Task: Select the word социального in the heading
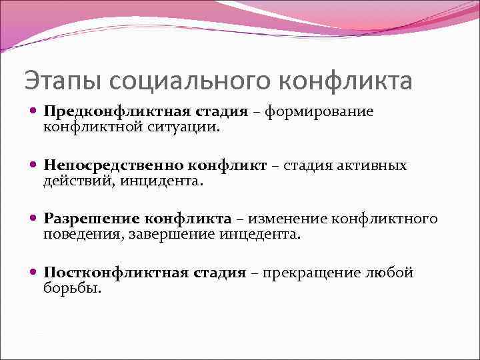(188, 81)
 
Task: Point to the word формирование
(319, 111)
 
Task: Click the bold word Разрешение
(92, 219)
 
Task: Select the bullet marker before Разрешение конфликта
(34, 219)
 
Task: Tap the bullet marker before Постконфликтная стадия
(34, 273)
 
